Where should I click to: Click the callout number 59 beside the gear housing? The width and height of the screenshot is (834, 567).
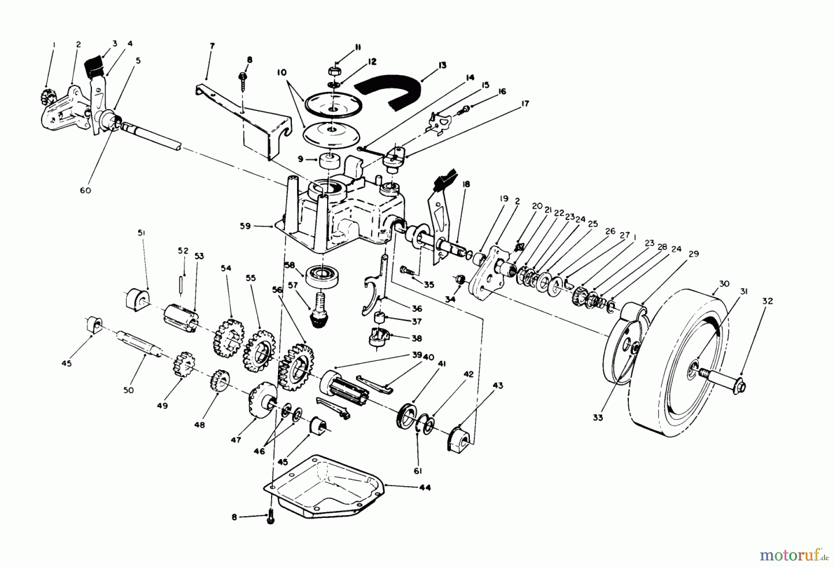tap(245, 226)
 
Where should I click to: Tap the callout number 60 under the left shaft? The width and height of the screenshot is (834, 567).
tap(86, 190)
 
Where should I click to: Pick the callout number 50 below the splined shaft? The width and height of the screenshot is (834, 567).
tap(129, 390)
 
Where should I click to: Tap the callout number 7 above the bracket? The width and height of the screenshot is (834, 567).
tap(212, 46)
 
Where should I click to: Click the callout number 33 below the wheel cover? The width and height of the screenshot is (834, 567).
tap(598, 417)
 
